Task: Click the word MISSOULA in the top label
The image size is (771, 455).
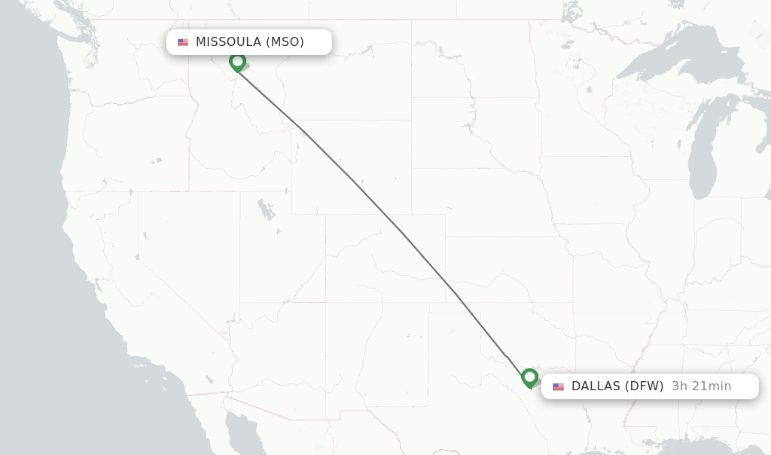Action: click(x=228, y=42)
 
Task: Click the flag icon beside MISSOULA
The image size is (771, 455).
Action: click(x=183, y=42)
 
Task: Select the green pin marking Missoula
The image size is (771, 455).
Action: click(x=238, y=62)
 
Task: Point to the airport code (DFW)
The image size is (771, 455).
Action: click(x=645, y=386)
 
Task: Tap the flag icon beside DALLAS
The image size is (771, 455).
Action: click(x=558, y=386)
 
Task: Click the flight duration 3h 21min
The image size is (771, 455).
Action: click(x=702, y=386)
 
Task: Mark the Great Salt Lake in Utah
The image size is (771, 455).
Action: click(x=265, y=207)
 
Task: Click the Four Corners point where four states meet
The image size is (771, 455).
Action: click(x=326, y=302)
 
